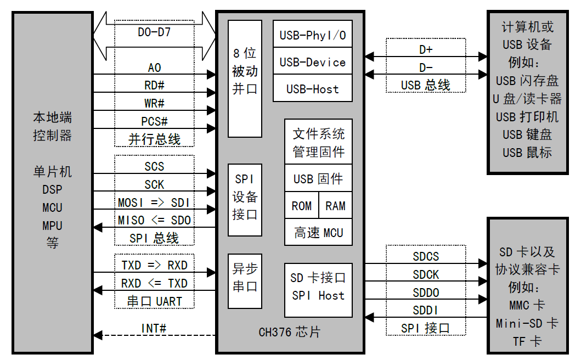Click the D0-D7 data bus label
click(154, 32)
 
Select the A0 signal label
click(154, 68)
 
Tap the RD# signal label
click(154, 86)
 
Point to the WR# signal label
click(154, 103)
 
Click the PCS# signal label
click(154, 121)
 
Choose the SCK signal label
click(154, 184)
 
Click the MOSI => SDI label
click(154, 203)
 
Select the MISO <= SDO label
click(154, 220)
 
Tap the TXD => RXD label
click(154, 266)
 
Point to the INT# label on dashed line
click(154, 329)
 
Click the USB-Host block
click(313, 89)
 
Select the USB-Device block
click(313, 63)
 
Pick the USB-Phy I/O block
click(313, 36)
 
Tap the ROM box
click(301, 206)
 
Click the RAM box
click(335, 206)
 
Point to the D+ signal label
click(426, 50)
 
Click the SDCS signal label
click(426, 257)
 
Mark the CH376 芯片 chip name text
click(290, 333)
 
